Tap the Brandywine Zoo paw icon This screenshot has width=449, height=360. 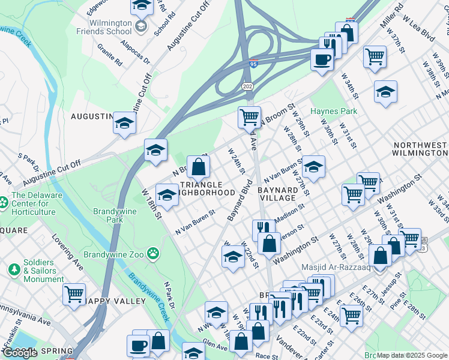click(154, 254)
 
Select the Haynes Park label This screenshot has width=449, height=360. click(333, 111)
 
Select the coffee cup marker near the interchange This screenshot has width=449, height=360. click(322, 59)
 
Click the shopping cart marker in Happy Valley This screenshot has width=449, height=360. click(74, 294)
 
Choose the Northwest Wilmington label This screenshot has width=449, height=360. click(420, 149)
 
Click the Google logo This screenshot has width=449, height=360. click(20, 353)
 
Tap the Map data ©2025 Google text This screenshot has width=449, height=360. click(411, 355)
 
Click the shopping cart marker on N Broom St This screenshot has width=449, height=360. click(249, 116)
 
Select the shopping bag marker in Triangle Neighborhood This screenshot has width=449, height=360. click(198, 166)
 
